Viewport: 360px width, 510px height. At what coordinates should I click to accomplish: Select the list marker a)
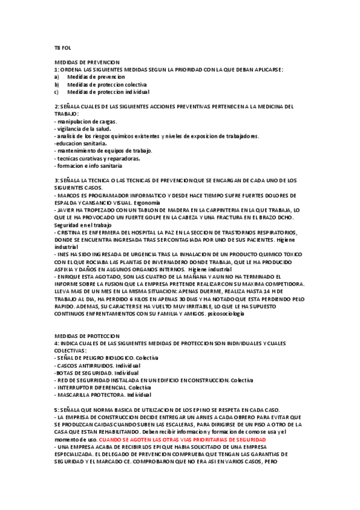pos(56,78)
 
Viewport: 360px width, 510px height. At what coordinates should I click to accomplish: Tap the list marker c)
pos(56,93)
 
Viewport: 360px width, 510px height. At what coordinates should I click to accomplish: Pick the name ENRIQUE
pos(68,277)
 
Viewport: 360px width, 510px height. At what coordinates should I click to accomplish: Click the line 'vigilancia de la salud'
pos(82,129)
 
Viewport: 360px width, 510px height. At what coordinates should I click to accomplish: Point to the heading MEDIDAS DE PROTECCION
pos(87,336)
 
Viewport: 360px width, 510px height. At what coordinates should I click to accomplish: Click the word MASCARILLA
pos(76,395)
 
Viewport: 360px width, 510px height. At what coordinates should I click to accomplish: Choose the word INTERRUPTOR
pos(76,387)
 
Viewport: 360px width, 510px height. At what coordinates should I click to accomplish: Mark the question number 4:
pos(57,343)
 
